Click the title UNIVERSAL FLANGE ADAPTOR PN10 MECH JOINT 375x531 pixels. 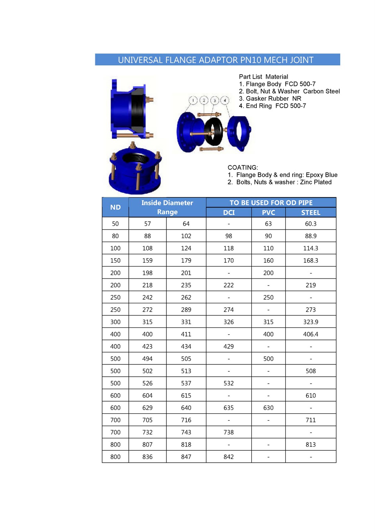point(216,60)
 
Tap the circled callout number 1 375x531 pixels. point(193,100)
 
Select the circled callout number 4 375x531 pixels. point(225,100)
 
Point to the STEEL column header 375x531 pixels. point(310,213)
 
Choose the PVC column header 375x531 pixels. point(268,213)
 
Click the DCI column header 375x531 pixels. point(228,213)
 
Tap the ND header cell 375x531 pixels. point(115,207)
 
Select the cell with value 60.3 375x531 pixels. point(310,224)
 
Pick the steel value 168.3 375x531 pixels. point(310,261)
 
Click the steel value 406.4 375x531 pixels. point(310,335)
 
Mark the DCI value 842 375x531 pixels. point(228,457)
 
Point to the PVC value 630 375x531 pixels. point(268,408)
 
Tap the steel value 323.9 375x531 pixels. point(310,322)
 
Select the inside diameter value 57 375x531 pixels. point(147,224)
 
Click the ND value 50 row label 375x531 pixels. point(115,224)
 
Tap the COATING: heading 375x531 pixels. point(243,168)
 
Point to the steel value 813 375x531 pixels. point(310,445)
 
